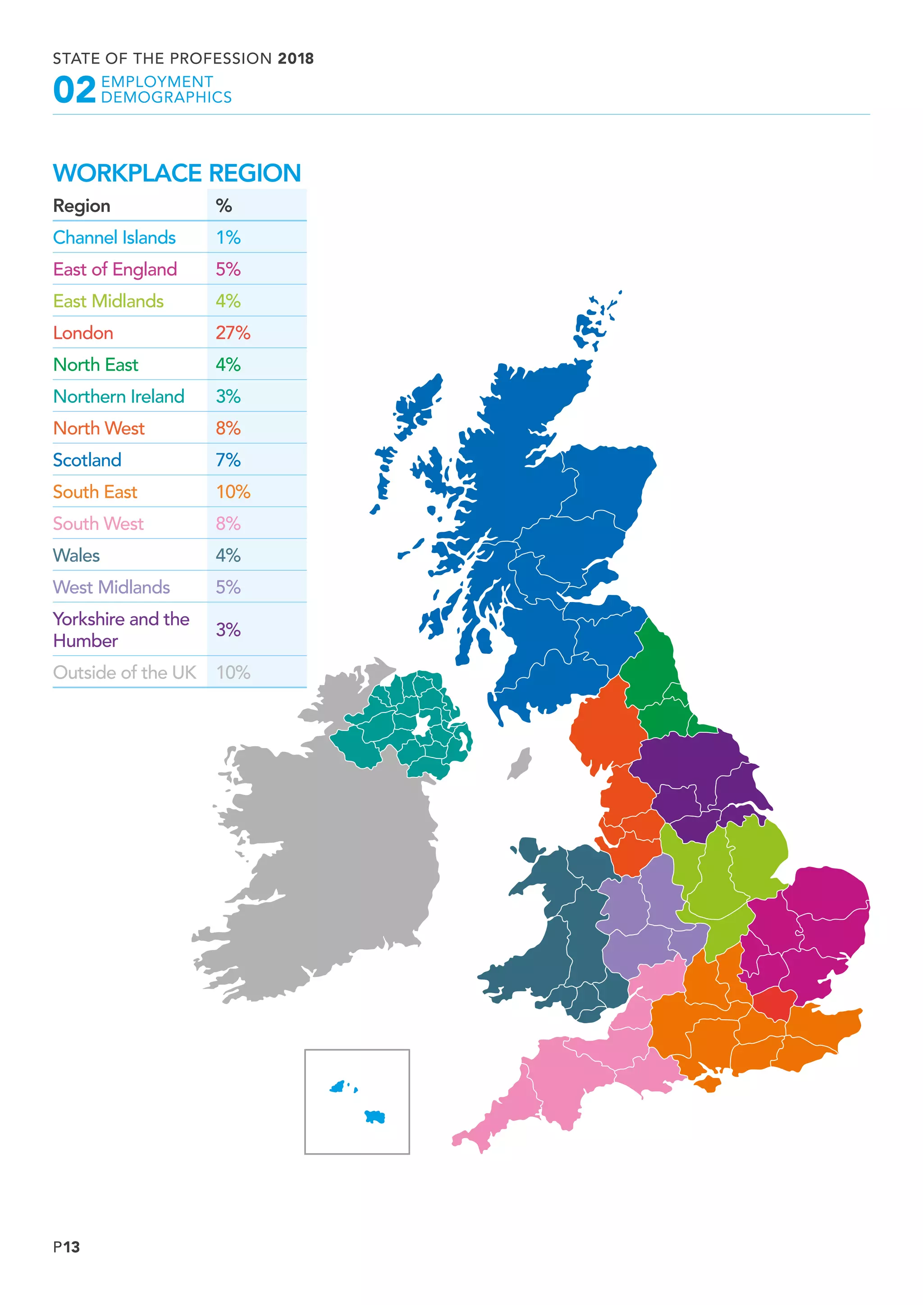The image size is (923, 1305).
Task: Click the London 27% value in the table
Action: tap(233, 333)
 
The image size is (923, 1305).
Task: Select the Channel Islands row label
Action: tap(114, 237)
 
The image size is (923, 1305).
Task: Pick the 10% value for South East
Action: tap(233, 492)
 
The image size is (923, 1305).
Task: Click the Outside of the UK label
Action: tap(124, 672)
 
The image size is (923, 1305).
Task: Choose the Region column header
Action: tap(82, 206)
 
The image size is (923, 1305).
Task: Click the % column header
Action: tap(224, 206)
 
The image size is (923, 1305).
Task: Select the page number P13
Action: tap(67, 1247)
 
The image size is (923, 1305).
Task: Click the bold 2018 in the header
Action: tap(296, 59)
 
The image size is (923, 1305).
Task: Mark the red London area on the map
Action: tap(773, 1003)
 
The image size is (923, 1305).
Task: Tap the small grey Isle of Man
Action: tap(520, 763)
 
